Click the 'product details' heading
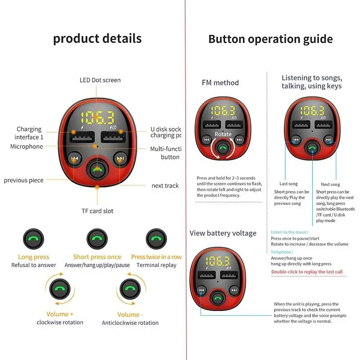97,38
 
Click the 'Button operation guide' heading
270,39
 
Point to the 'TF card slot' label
97,211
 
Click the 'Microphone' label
27,146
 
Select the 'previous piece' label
24,180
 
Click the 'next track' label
165,185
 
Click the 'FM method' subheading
220,83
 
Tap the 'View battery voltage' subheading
223,233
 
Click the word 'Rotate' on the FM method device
223,134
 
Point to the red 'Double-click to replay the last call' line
307,272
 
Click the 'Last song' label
288,184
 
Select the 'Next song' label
330,184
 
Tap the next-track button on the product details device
120,158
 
